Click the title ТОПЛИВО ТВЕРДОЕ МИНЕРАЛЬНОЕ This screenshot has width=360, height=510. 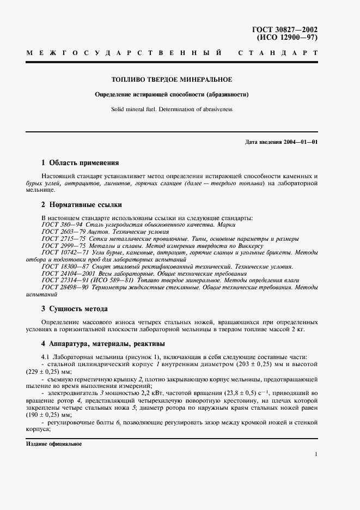coord(172,80)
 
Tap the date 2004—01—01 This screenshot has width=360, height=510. coord(300,142)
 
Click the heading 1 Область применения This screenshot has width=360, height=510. coord(80,163)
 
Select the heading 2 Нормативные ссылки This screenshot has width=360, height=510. coord(82,205)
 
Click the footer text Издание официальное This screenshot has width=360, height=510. coord(53,444)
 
